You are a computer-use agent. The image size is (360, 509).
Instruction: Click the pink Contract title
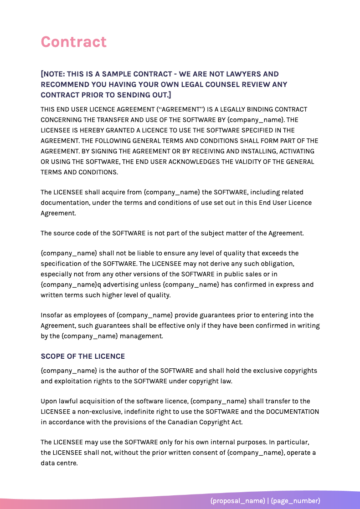(74, 42)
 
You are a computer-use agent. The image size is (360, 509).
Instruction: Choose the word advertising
(127, 285)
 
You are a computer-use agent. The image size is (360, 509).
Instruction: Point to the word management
(143, 336)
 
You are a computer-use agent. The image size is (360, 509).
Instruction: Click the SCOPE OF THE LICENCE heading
(82, 356)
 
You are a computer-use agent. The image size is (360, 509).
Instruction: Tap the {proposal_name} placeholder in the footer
(237, 501)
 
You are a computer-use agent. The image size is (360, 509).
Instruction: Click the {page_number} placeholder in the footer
(295, 501)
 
